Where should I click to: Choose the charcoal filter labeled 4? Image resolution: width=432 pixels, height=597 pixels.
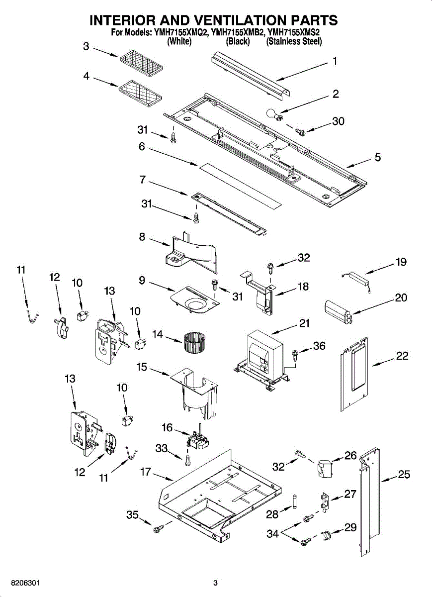[x=140, y=92]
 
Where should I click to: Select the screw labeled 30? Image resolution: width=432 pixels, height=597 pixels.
[x=300, y=131]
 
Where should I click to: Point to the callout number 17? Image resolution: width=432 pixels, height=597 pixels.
[x=146, y=472]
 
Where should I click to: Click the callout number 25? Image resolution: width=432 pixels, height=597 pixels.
[x=404, y=475]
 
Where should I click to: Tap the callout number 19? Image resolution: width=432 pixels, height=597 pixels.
[x=401, y=262]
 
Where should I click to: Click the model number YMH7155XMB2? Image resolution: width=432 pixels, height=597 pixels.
[x=238, y=32]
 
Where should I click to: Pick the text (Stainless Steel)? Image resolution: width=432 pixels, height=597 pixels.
[x=294, y=41]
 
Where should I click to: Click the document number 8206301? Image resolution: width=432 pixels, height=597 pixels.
[x=25, y=581]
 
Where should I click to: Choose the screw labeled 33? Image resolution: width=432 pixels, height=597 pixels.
[x=188, y=460]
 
